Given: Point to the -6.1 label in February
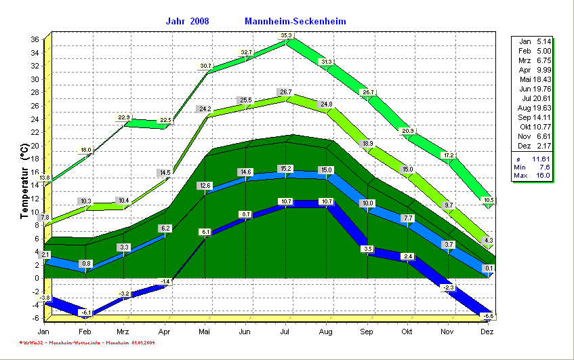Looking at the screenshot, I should point(85,312).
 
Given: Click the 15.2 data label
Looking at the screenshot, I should point(285,169).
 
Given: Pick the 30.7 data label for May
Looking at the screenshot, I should point(205,66).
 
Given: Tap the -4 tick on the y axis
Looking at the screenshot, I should point(35,304).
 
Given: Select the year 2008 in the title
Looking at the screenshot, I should point(200,21).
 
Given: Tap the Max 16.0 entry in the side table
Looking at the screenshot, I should point(533,176).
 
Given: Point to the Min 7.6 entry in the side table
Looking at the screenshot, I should point(533,167).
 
